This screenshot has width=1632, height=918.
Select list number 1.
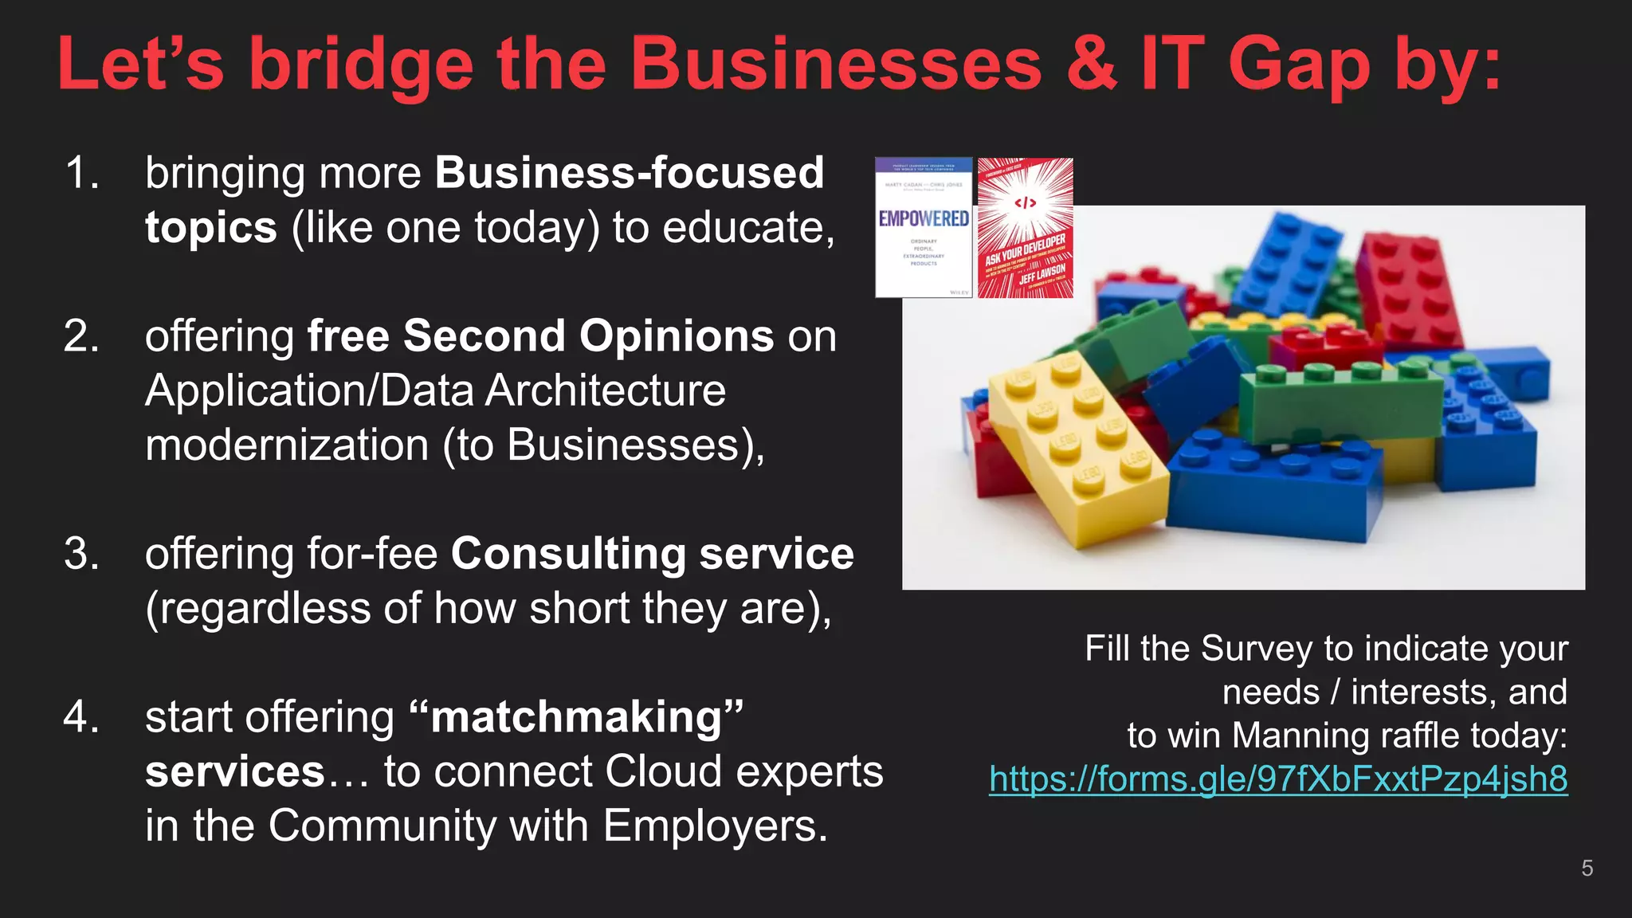point(81,173)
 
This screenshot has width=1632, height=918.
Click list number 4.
point(81,716)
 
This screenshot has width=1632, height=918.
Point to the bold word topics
point(210,228)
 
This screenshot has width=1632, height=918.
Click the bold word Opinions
point(676,335)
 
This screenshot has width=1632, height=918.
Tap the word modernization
point(287,445)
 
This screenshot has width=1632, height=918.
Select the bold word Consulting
point(567,554)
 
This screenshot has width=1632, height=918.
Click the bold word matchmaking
point(578,717)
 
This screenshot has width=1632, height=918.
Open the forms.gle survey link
point(1277,779)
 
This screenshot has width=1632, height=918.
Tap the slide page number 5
point(1587,868)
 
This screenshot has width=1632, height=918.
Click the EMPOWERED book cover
point(924,227)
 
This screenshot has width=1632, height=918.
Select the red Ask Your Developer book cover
point(1025,228)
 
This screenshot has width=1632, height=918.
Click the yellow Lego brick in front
point(1076,446)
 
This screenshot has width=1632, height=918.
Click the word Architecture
point(606,390)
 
